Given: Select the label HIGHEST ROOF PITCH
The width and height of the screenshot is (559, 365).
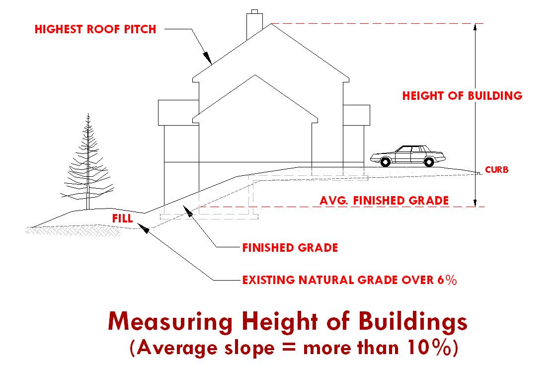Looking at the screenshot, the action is click(x=95, y=29).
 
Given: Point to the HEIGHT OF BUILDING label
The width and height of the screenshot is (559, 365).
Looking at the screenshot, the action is click(x=462, y=95).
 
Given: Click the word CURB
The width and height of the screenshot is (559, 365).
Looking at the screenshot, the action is click(x=496, y=170).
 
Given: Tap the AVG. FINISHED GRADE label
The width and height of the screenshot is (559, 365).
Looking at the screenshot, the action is click(x=384, y=201).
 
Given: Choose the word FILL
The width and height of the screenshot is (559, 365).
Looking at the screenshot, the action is click(x=122, y=219).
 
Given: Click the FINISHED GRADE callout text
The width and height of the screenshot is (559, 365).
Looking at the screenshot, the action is click(x=290, y=247).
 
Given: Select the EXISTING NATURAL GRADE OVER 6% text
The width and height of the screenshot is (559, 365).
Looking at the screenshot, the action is click(x=349, y=280).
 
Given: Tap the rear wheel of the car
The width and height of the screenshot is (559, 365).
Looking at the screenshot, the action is click(x=427, y=161).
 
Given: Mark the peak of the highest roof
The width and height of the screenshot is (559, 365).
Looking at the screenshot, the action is click(x=271, y=24).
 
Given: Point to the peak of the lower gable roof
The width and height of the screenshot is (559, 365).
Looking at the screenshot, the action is click(x=255, y=75).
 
